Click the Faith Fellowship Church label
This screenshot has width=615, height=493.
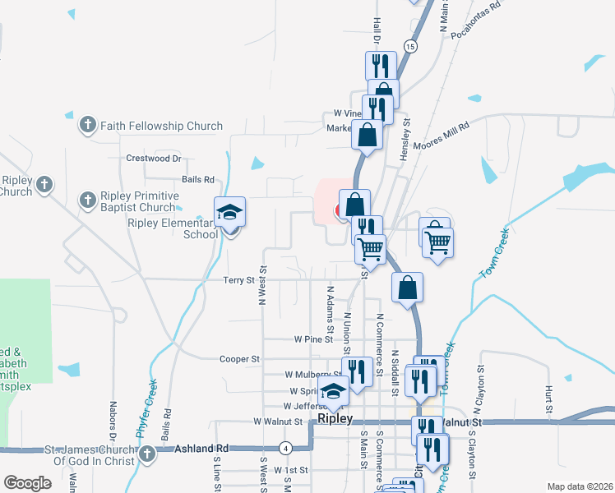tap(161, 126)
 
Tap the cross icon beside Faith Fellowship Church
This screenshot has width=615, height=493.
tap(87, 126)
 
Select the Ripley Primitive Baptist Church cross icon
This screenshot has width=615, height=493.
tap(87, 199)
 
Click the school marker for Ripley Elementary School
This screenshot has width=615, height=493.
tap(230, 213)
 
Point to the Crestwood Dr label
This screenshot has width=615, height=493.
tap(153, 158)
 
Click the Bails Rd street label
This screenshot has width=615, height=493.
tap(198, 179)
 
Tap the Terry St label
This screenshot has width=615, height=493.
tap(239, 280)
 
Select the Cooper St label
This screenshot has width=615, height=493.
tap(239, 359)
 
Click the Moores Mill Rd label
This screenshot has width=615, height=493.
tap(442, 134)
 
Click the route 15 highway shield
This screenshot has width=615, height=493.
tap(410, 47)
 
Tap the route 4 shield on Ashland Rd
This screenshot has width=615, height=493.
tap(284, 448)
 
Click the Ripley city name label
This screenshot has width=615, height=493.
tap(335, 419)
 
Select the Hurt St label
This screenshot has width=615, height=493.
tap(547, 397)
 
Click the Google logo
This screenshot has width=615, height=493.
tap(27, 483)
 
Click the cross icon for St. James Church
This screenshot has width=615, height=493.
tap(146, 454)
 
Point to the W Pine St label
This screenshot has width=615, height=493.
tap(312, 339)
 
